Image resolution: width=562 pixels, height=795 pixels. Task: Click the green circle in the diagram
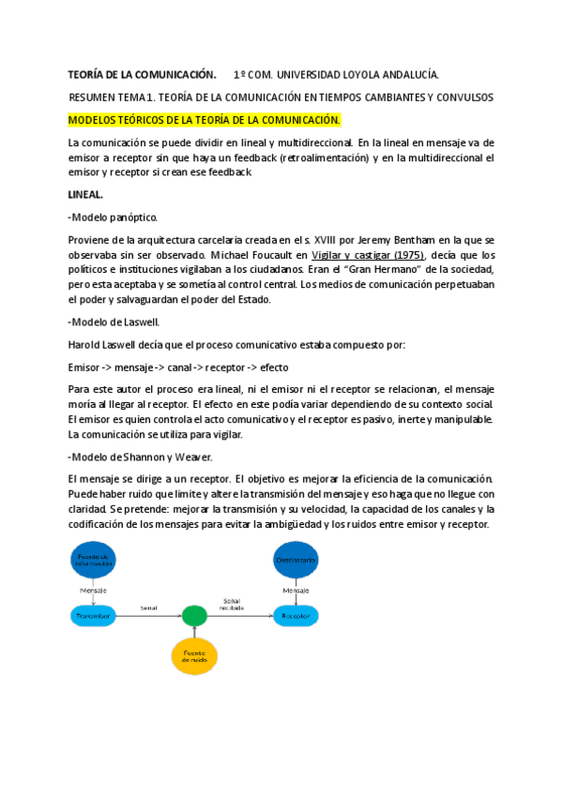193,616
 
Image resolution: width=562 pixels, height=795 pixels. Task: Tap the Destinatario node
296,561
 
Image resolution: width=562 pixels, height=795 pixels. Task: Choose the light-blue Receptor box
296,616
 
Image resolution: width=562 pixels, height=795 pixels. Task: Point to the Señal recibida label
232,604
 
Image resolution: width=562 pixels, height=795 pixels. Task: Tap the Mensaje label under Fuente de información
93,591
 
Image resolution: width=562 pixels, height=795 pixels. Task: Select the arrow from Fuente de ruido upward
193,632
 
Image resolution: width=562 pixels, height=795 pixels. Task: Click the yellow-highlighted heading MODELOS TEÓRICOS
204,121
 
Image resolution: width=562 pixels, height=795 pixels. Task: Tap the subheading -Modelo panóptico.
113,217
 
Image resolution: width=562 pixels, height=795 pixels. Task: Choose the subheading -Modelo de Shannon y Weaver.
140,457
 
